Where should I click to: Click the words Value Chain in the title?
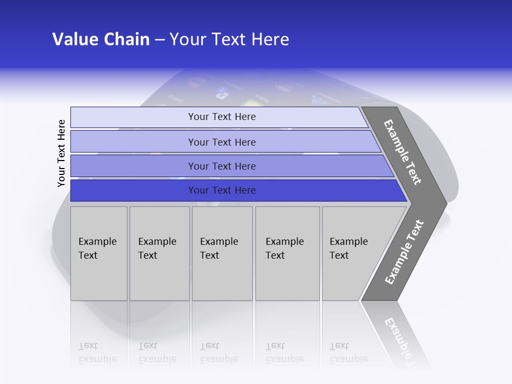tap(101, 39)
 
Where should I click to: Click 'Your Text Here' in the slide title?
tap(229, 39)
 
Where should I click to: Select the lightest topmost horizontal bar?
tap(221, 117)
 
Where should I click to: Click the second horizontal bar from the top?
tap(221, 142)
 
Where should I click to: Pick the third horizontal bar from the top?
tap(221, 166)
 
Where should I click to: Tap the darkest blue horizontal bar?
tap(221, 190)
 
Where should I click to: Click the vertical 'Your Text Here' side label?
tap(61, 153)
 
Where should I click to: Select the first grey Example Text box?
tap(99, 253)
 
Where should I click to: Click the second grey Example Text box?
tap(159, 253)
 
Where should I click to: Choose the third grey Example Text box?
tap(222, 253)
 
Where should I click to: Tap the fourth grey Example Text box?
tap(287, 253)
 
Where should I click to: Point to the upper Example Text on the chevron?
tap(403, 152)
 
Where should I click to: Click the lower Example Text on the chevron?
tap(404, 252)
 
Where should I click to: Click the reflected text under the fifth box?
tap(348, 353)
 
